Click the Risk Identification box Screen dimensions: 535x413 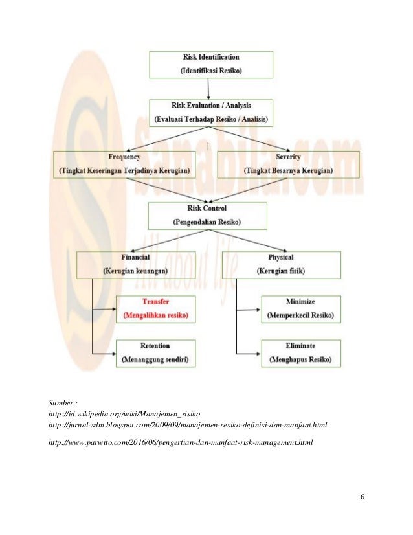tap(211, 64)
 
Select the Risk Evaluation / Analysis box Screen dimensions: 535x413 tap(211, 111)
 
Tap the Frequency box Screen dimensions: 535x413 tap(125, 164)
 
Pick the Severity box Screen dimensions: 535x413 tap(288, 164)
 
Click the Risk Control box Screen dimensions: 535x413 tap(207, 215)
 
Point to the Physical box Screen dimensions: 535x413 tap(280, 264)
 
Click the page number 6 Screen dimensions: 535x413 tap(362, 497)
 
